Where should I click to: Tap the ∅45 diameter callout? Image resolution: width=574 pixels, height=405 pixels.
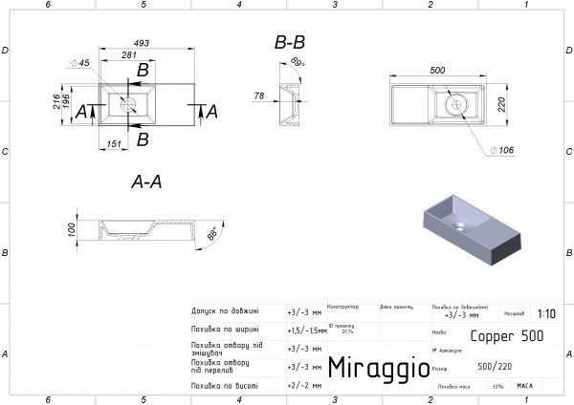coord(79,63)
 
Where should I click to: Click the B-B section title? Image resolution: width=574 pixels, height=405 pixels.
coord(290,43)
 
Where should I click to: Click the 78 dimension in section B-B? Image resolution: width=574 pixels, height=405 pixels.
coord(259,96)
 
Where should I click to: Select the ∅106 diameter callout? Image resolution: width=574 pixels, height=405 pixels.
coord(503,150)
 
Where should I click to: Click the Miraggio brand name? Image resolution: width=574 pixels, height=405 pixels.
coord(372,368)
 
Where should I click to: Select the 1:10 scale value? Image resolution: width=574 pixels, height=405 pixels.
coord(546,312)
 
